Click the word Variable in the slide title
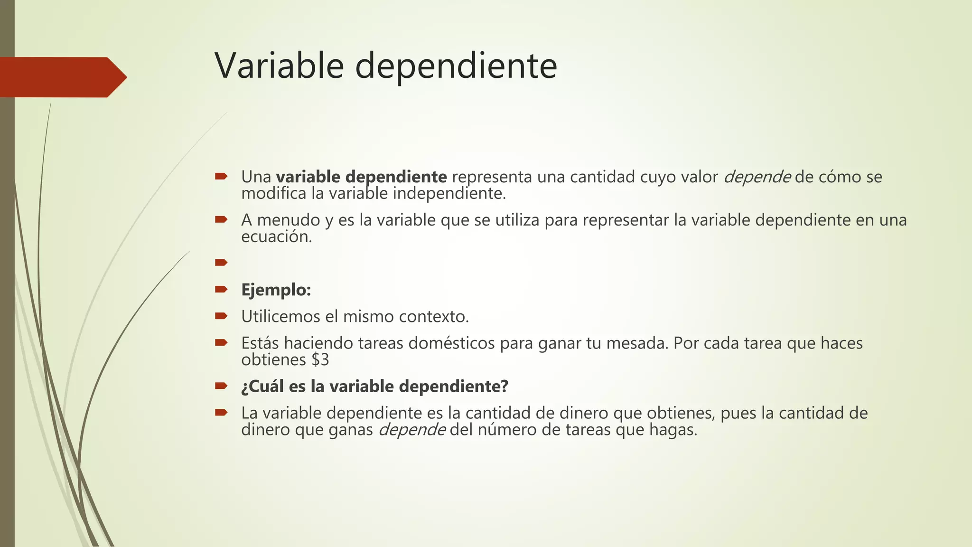(x=279, y=66)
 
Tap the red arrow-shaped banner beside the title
(x=62, y=77)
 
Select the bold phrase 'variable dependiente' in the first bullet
(x=361, y=177)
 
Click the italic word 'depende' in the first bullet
(x=757, y=177)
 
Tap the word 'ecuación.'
(x=276, y=236)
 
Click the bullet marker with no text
(x=221, y=263)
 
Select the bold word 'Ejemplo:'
(x=276, y=290)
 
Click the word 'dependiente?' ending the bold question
(x=453, y=386)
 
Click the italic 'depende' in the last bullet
(x=411, y=430)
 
